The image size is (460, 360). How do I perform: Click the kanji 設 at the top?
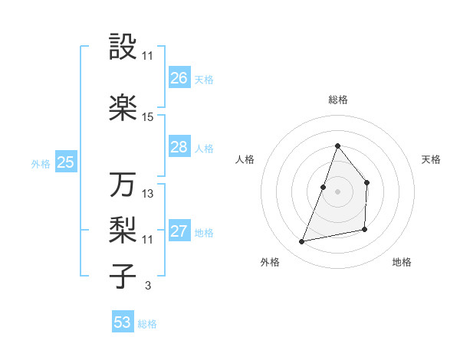[123, 47]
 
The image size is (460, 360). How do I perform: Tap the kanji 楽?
[123, 108]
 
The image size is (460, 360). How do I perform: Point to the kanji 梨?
[123, 229]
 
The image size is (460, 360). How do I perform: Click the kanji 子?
[123, 276]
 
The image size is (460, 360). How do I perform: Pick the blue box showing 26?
[179, 78]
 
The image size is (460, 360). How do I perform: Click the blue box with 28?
[179, 147]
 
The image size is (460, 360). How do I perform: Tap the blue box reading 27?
[179, 231]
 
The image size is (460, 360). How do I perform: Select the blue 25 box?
[65, 162]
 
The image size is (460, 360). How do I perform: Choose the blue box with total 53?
[123, 322]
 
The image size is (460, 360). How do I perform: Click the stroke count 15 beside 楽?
[148, 117]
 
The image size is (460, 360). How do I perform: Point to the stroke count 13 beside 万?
[148, 194]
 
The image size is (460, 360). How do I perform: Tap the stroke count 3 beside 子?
[147, 286]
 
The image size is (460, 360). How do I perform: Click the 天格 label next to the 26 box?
[204, 80]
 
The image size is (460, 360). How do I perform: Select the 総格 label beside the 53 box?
[147, 324]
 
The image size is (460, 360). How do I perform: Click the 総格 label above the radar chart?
[337, 100]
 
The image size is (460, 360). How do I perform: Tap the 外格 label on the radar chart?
[269, 262]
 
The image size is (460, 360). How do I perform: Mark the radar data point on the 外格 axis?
[302, 242]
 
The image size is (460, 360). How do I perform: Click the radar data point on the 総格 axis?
[337, 146]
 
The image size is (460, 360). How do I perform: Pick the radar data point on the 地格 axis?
[365, 229]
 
